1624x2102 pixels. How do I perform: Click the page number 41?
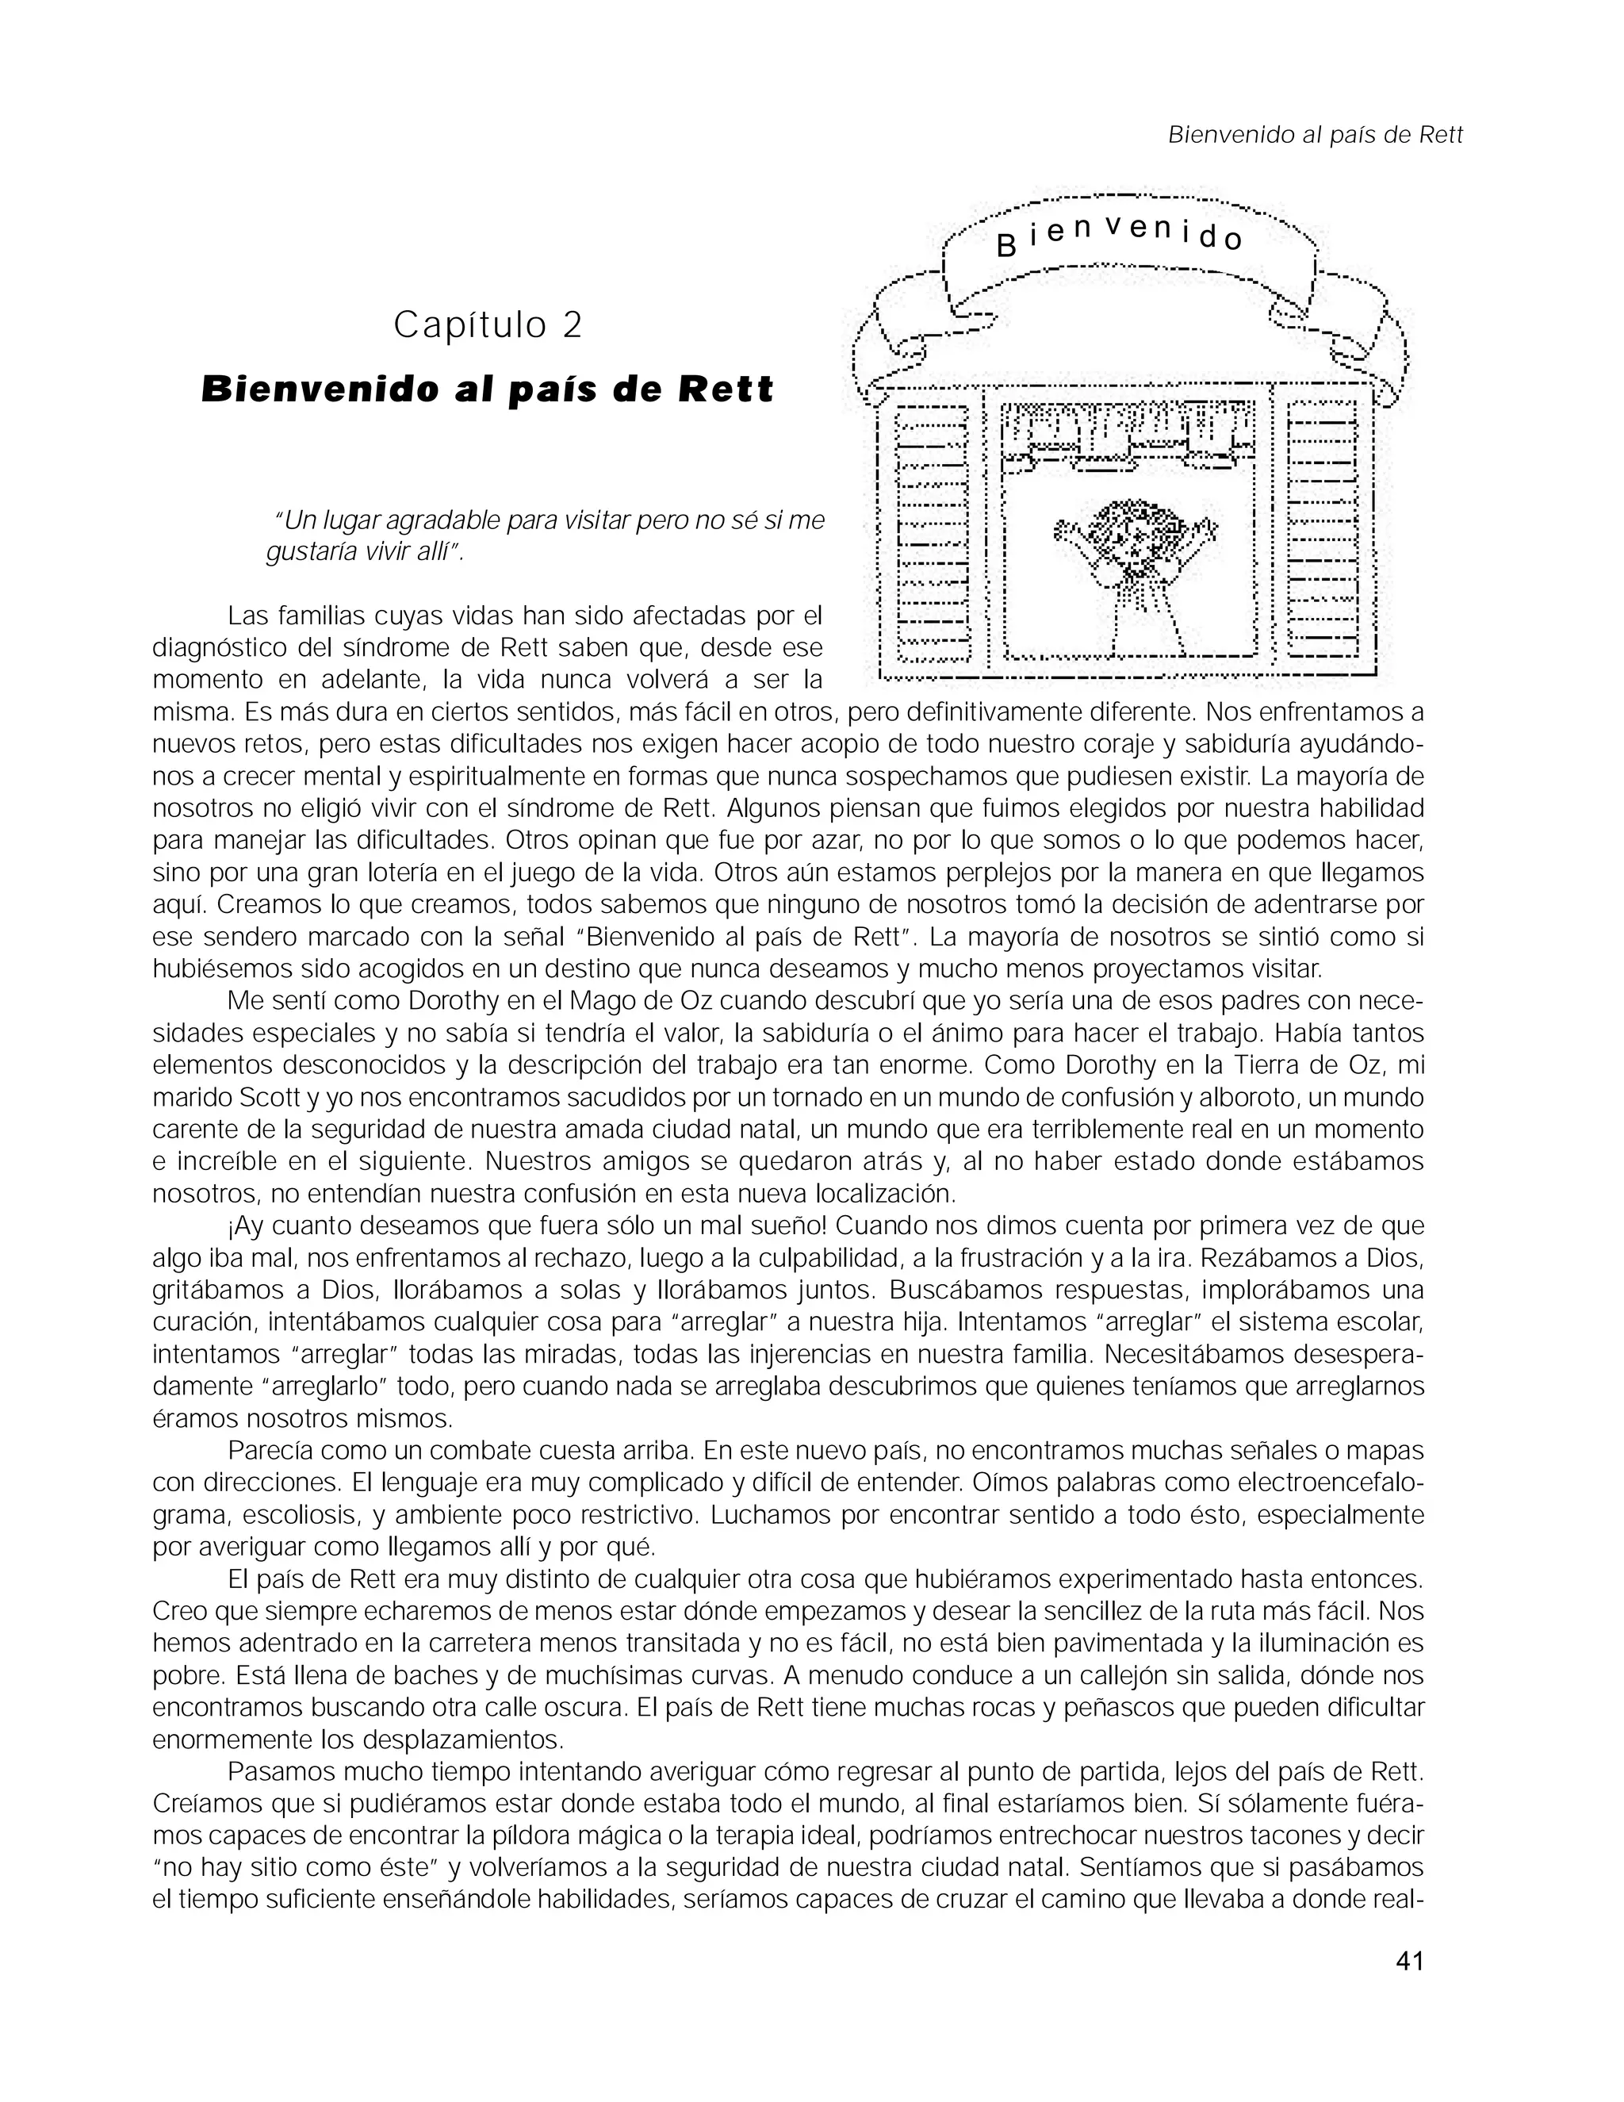click(1408, 1961)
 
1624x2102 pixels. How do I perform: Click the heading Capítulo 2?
click(488, 326)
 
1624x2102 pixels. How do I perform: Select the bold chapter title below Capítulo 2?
click(488, 389)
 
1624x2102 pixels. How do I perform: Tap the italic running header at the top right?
click(1314, 136)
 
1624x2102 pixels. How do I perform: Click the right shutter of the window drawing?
click(1322, 533)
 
